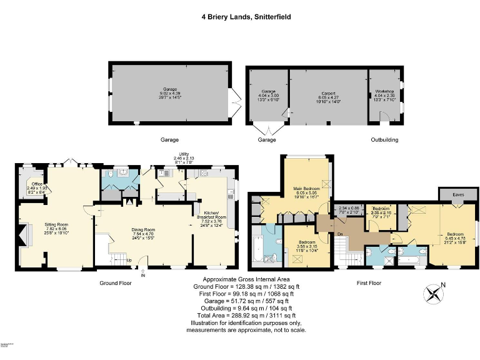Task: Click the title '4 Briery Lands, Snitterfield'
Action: tap(240, 17)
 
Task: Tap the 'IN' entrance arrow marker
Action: tap(143, 272)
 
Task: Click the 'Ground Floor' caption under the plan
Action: tap(116, 283)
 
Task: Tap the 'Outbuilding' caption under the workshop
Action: tap(384, 140)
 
